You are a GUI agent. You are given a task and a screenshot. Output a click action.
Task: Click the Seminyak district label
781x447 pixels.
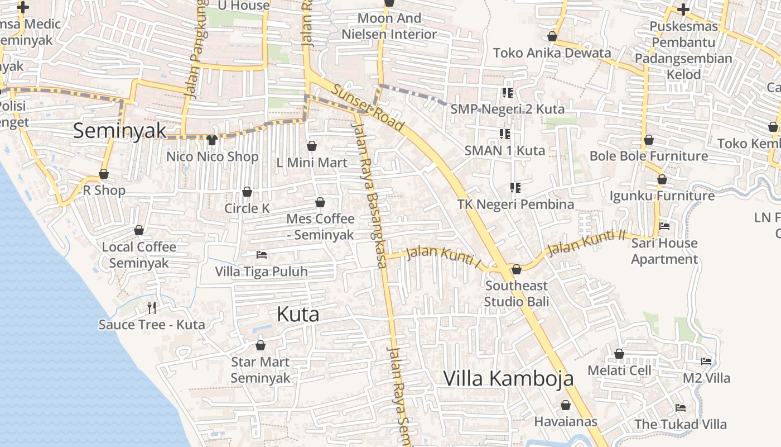[x=119, y=131]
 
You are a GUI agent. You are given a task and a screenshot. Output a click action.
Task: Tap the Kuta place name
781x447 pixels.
[x=298, y=315]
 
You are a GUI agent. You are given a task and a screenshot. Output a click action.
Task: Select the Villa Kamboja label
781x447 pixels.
[x=508, y=378]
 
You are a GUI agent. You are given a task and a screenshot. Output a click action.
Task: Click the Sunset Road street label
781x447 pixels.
[x=368, y=107]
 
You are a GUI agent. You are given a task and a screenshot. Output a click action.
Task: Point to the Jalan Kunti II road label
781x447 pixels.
[x=586, y=243]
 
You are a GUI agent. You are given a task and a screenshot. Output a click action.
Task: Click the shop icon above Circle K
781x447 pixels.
[x=247, y=192]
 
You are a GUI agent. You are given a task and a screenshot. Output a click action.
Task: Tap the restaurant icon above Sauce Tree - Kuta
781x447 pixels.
[x=151, y=307]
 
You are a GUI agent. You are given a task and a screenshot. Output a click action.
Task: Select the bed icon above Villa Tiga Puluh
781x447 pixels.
[x=261, y=255]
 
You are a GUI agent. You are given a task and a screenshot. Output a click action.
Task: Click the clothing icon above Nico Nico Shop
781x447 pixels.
[x=211, y=140]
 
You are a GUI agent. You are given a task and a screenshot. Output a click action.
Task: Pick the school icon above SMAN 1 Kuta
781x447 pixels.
[x=505, y=134]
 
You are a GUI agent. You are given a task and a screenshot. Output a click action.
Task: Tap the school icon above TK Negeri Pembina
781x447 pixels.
[x=515, y=188]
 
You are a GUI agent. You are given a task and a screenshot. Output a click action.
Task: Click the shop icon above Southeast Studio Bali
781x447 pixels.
[x=516, y=270]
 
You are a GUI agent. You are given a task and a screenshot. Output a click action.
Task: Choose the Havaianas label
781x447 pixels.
[x=566, y=421]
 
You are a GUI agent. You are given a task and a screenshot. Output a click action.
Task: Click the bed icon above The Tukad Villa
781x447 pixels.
[x=681, y=407]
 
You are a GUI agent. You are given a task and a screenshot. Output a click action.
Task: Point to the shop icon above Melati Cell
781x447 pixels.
[x=619, y=354]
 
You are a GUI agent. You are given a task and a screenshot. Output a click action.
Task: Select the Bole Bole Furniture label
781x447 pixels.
[x=648, y=156]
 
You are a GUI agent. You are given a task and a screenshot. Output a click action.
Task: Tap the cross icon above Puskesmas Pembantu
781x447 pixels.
[x=683, y=9]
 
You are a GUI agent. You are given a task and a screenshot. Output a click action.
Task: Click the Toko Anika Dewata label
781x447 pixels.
[x=552, y=53]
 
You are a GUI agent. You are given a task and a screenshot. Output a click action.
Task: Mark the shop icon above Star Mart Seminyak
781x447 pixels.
[x=260, y=345]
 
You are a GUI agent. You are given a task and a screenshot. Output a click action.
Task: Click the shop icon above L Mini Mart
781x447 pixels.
[x=312, y=146]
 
